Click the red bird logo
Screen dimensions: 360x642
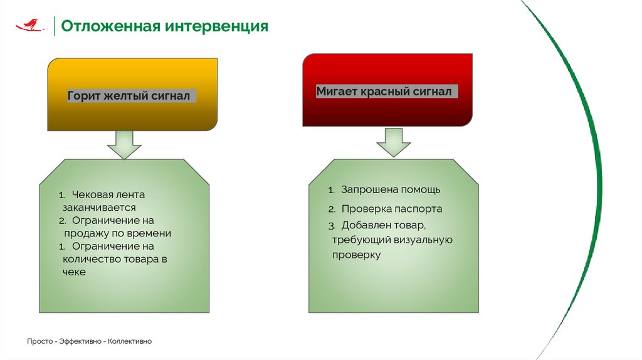[30, 24]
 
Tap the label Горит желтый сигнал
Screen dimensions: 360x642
[129, 97]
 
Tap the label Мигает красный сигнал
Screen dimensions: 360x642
[383, 92]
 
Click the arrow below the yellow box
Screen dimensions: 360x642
[124, 145]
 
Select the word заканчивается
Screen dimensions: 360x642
[99, 207]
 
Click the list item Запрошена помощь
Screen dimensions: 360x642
[391, 189]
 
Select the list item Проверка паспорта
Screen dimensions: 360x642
[392, 209]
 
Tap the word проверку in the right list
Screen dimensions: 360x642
[356, 255]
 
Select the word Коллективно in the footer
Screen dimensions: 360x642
[130, 341]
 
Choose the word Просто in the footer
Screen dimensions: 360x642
[39, 341]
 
